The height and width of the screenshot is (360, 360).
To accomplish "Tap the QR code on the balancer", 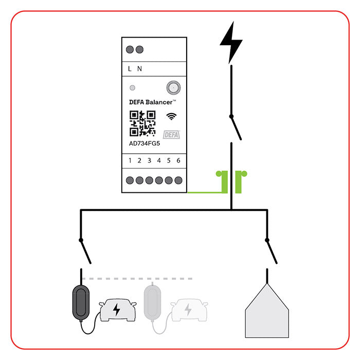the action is coord(142,123).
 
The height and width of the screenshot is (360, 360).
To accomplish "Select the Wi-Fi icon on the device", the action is coord(171,116).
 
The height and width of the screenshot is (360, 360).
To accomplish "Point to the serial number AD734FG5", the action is coord(145,143).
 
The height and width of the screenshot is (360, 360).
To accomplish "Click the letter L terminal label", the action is coord(130,68).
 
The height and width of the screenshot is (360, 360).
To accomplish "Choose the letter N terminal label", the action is coord(139,68).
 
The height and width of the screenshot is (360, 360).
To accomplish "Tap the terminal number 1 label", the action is coord(130,160).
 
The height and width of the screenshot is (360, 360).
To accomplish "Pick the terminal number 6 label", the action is coord(178,160).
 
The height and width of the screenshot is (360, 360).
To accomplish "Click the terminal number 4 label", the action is coord(159,160).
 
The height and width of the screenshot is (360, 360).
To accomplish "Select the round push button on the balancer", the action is coord(173,87).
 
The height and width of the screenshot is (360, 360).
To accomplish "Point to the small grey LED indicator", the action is coord(133,88).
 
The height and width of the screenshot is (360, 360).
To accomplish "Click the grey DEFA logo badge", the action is coord(171,135).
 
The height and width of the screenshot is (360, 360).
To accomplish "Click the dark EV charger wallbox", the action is coord(81,302).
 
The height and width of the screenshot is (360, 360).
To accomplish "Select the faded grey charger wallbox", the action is coord(152,302).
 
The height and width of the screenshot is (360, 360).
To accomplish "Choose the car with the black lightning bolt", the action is coord(118,310).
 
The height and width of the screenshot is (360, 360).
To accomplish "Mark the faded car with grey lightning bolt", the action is coord(189,310).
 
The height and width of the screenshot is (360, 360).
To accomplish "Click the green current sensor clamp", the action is coord(231,182).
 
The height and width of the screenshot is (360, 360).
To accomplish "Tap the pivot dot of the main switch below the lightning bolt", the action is coord(231,117).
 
